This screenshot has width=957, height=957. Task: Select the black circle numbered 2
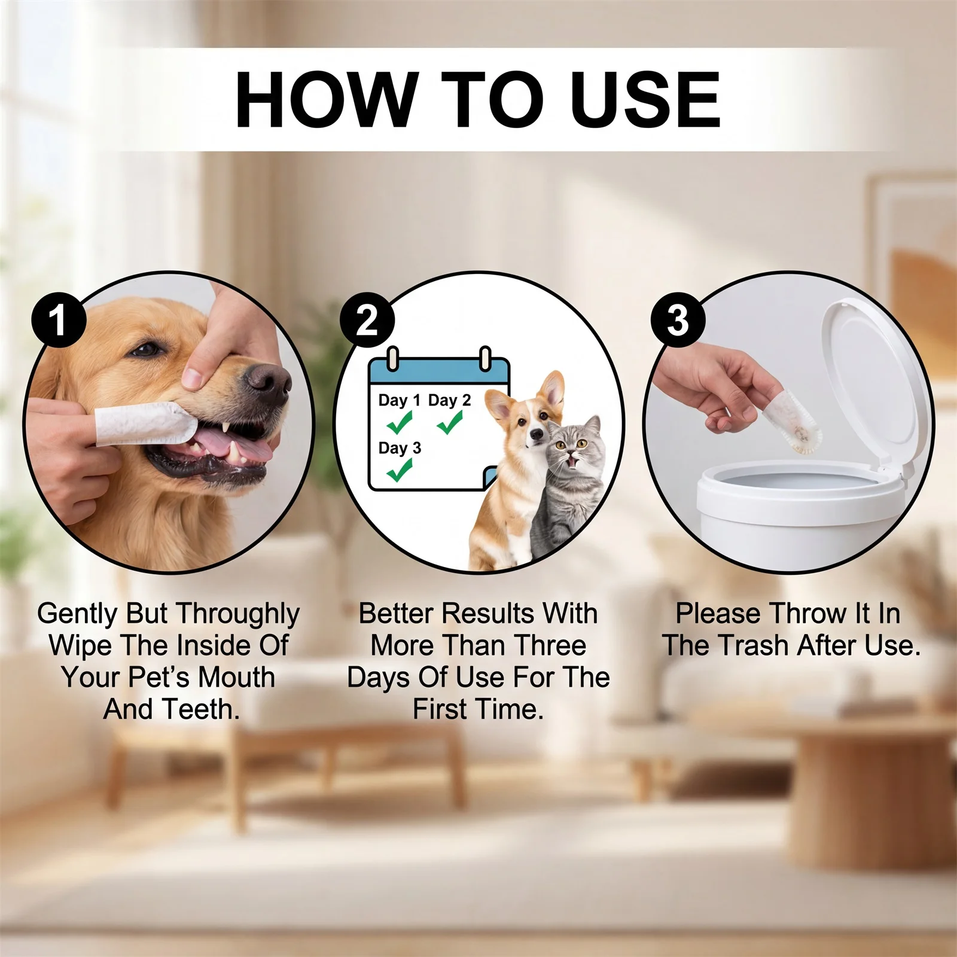click(367, 320)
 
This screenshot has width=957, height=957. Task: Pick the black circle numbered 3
click(678, 319)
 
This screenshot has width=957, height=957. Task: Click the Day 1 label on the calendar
click(399, 400)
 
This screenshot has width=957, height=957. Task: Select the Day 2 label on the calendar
click(449, 400)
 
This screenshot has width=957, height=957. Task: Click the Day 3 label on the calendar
click(400, 448)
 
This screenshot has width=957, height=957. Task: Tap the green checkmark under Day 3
click(400, 470)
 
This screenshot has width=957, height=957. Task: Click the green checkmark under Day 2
click(450, 423)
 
